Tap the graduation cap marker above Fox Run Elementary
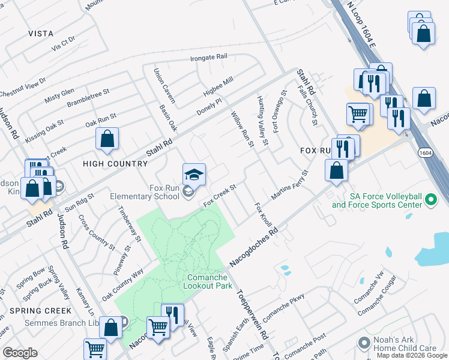coord(194,175)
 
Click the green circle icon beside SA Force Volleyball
coord(430,200)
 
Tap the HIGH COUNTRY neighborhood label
coord(115,164)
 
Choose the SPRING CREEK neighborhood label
coord(40,311)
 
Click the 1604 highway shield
coord(424,154)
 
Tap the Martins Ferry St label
coord(289,185)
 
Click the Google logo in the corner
coord(20,353)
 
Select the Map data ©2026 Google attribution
coord(412,355)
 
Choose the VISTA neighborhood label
coord(40,34)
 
